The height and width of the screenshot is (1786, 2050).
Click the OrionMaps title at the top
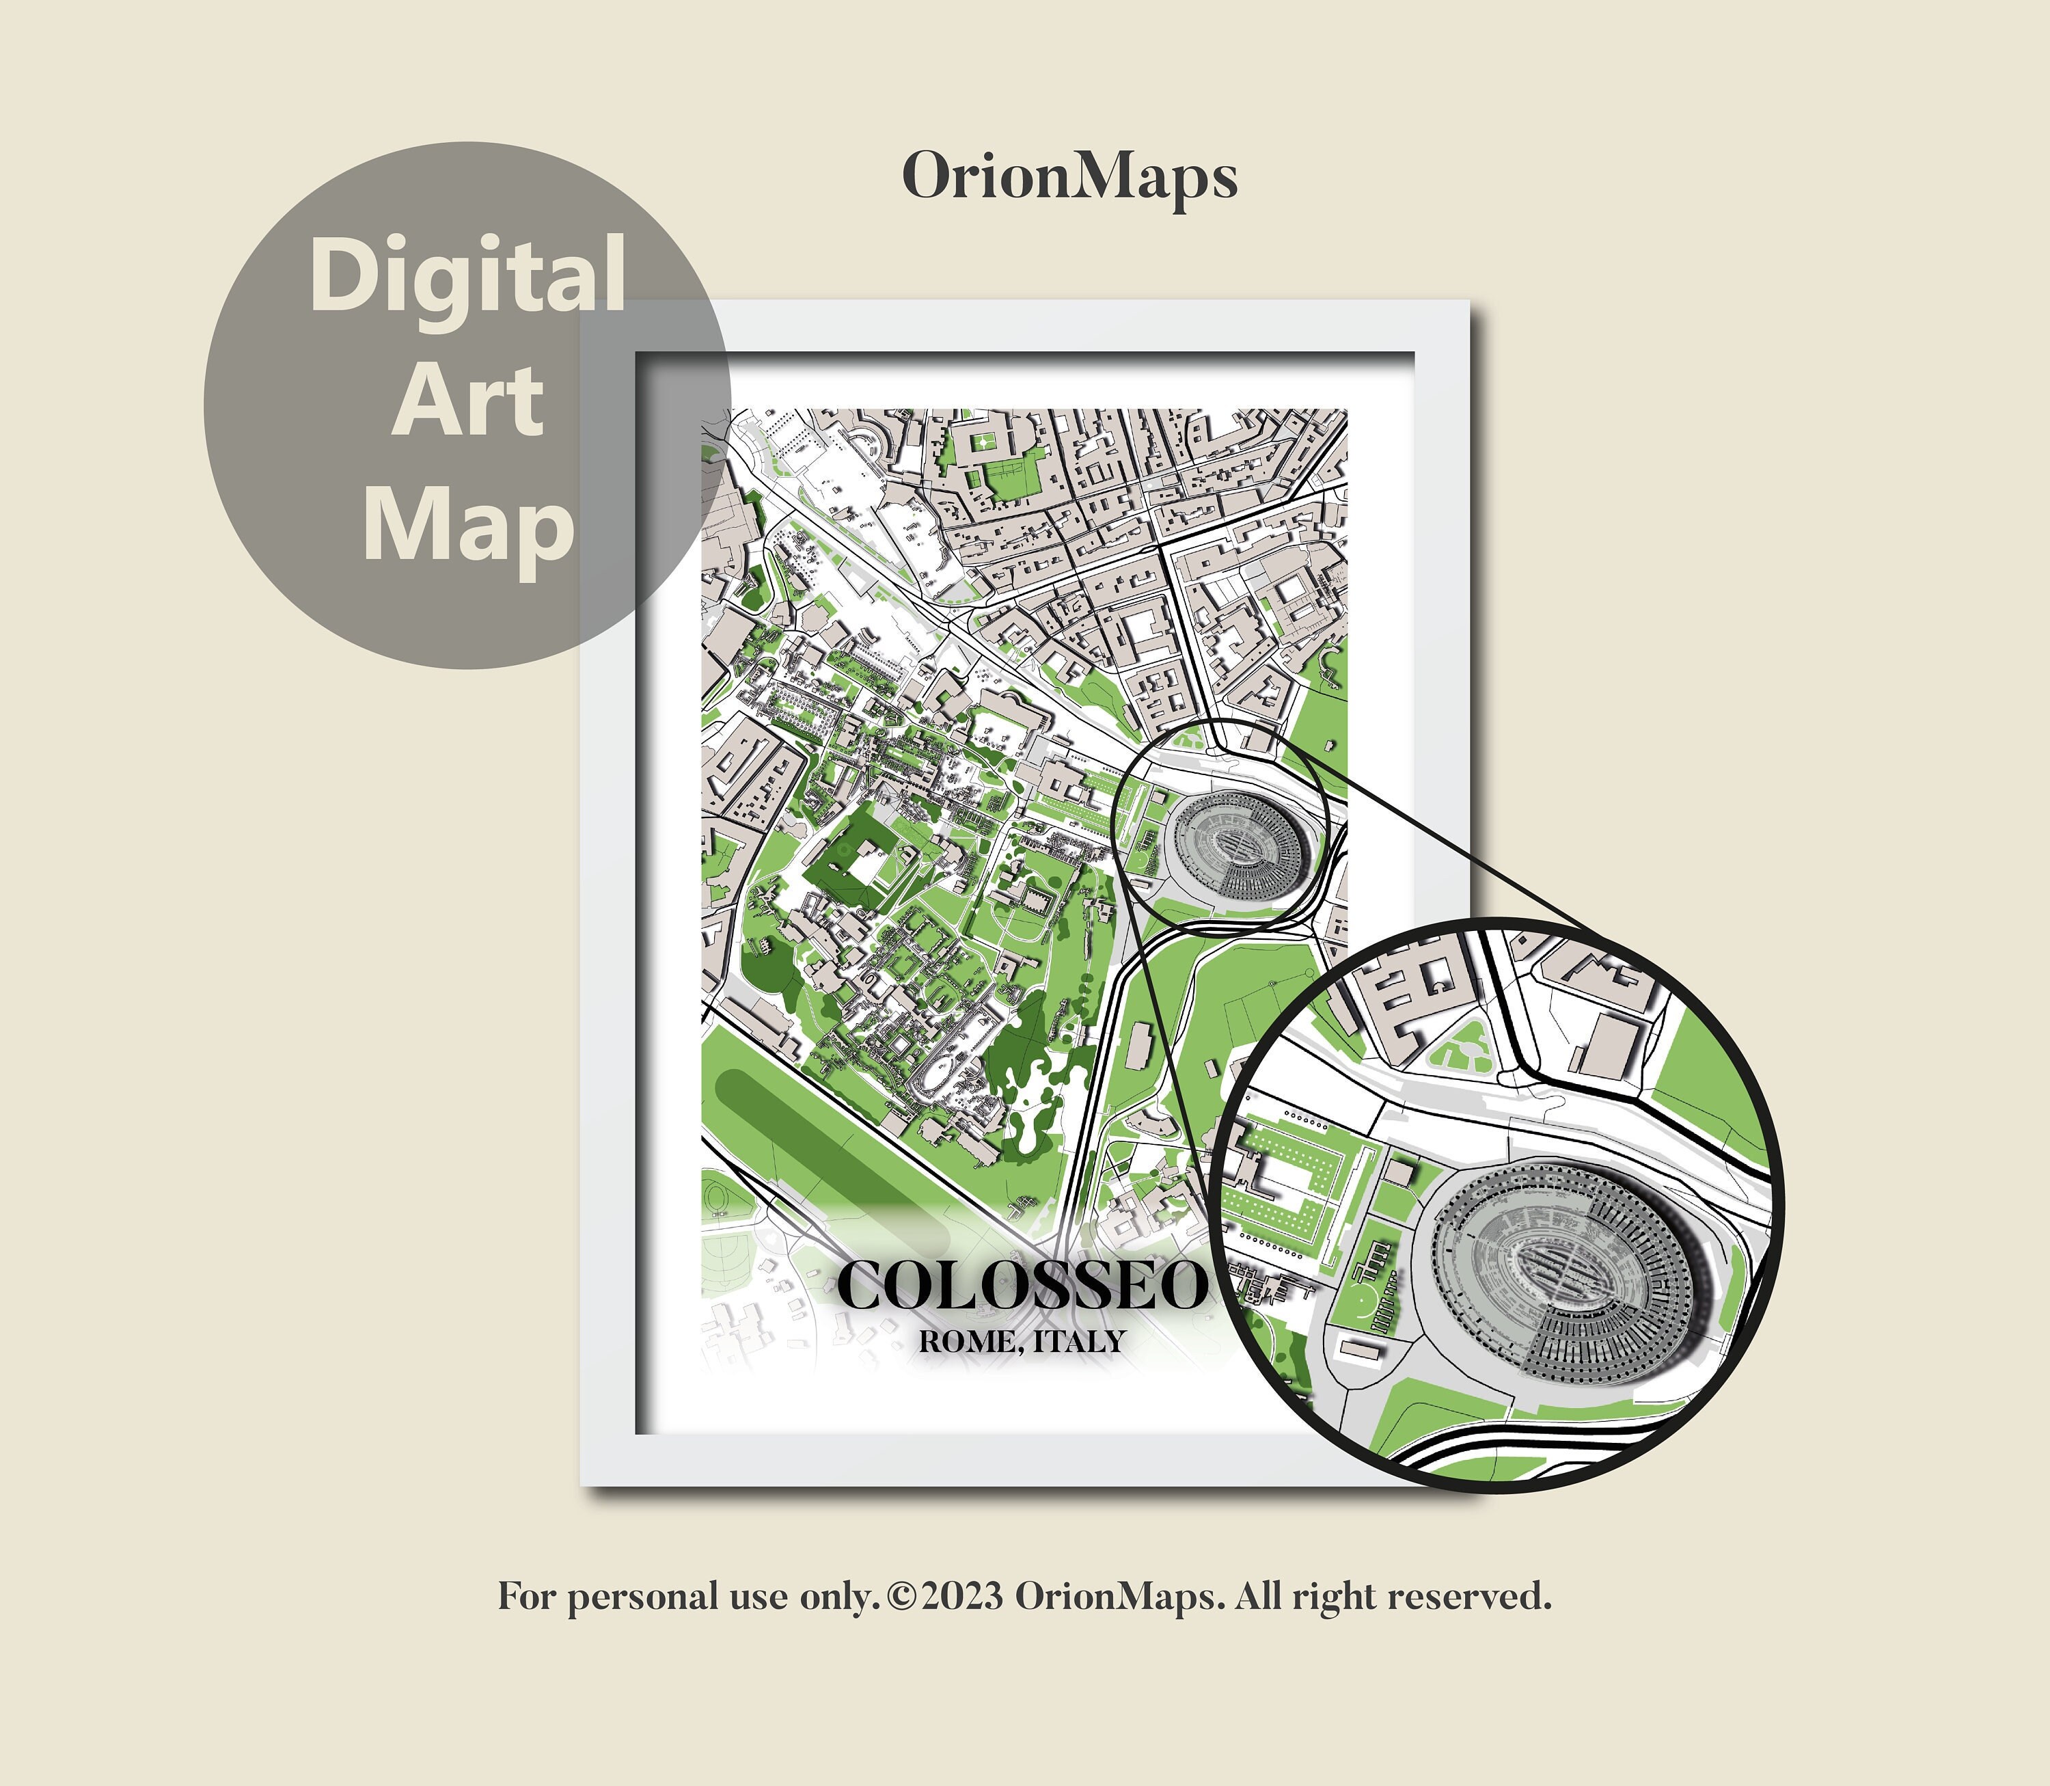pyautogui.click(x=1069, y=178)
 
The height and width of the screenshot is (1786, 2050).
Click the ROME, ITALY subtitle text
pyautogui.click(x=1022, y=1342)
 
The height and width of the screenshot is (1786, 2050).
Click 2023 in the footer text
pyautogui.click(x=961, y=1597)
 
